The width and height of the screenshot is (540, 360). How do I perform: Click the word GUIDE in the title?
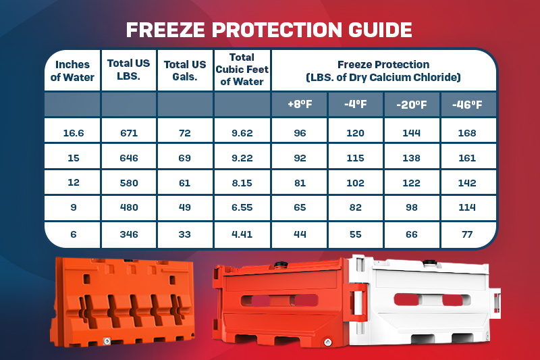coord(380,30)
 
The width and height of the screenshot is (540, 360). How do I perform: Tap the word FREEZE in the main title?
coord(165,30)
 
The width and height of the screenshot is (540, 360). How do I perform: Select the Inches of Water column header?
coord(72,71)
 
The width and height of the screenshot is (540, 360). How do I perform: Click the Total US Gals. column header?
coord(185,70)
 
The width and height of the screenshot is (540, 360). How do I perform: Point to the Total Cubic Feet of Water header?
coord(242,70)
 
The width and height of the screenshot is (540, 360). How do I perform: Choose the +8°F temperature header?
coord(300,105)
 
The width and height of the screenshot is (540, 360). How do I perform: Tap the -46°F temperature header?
coord(467,105)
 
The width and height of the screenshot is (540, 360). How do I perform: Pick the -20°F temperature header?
coord(412,105)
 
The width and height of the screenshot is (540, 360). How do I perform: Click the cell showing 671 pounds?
coord(129,133)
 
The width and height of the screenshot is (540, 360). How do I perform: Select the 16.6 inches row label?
coord(74,133)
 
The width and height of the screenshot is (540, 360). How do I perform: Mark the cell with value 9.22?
coord(242,158)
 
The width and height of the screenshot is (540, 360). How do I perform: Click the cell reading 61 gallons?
coord(184,183)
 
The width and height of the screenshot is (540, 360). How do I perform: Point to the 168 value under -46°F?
coord(467,133)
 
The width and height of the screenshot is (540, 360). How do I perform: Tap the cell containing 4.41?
coord(242,234)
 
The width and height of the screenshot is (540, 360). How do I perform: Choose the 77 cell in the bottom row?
coord(467,234)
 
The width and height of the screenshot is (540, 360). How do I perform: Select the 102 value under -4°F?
coord(356,183)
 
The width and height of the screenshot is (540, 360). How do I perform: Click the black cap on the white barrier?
coord(429,263)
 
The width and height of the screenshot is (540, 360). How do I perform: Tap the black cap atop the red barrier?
coord(281,265)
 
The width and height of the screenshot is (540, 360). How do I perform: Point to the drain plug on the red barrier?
coord(328,342)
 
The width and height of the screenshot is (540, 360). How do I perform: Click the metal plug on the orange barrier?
coord(107,341)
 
